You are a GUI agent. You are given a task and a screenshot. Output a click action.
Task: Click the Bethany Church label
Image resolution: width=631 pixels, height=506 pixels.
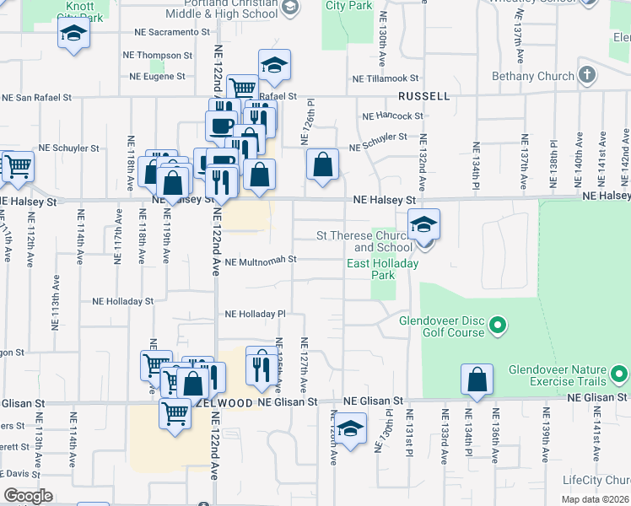[x=533, y=77]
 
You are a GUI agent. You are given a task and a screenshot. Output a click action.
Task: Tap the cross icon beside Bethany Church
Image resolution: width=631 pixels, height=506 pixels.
[x=587, y=75]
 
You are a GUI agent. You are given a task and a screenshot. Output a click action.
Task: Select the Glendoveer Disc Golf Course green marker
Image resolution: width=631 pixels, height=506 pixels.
[x=498, y=325]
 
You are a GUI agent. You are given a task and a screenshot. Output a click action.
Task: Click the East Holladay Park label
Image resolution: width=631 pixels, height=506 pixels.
[x=383, y=270]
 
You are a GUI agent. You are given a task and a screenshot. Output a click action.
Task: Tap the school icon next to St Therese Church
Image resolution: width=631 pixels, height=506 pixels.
[x=423, y=224]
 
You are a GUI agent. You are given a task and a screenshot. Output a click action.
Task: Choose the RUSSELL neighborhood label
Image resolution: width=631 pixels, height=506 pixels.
[x=424, y=96]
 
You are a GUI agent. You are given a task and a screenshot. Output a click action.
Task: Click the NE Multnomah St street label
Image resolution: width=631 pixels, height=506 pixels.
[x=260, y=261]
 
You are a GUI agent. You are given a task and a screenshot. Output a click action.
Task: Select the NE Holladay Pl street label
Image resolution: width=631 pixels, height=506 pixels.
[x=256, y=315]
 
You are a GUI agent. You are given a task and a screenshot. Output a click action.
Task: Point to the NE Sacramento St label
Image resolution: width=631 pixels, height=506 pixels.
[x=172, y=32]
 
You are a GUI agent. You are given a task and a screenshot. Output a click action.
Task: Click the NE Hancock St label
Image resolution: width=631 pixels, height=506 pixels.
[x=392, y=116]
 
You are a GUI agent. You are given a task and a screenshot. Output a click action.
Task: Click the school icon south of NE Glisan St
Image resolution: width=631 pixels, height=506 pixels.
[x=351, y=428]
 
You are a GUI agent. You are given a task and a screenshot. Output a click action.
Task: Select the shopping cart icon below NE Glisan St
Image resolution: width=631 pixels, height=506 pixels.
[x=175, y=414]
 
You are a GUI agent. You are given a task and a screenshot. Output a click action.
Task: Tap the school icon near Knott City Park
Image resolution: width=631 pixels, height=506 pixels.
[x=73, y=35]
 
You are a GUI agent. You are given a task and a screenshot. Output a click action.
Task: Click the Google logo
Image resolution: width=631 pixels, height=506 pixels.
[x=28, y=496]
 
